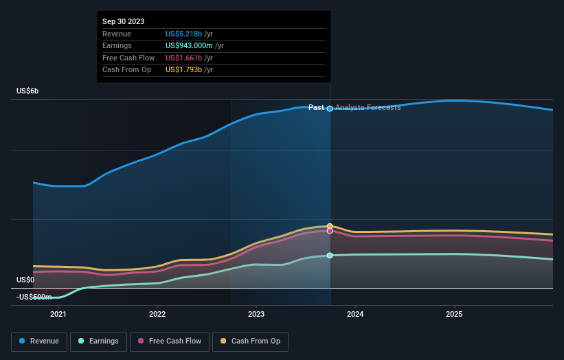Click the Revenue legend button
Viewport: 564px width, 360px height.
[40, 341]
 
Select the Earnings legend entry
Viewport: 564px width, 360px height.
[98, 341]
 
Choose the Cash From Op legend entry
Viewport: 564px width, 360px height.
[251, 341]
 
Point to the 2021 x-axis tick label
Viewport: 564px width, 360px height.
[58, 315]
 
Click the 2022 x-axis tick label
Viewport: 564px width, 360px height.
[157, 315]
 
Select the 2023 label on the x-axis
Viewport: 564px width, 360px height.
[256, 315]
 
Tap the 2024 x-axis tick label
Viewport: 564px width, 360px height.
[355, 315]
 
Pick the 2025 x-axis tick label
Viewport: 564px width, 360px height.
[454, 315]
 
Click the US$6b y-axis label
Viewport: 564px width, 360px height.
[28, 91]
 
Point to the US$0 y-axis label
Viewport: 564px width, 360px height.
[25, 280]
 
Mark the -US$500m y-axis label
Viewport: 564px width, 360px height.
[34, 297]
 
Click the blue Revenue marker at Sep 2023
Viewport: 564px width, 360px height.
[330, 109]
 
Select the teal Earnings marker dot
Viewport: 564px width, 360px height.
[330, 256]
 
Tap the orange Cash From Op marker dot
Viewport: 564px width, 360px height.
[330, 226]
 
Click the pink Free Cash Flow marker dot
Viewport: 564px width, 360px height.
[330, 231]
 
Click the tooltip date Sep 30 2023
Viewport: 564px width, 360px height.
[124, 22]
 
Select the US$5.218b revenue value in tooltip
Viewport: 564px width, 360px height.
[184, 34]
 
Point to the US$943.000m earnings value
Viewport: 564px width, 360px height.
[189, 46]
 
